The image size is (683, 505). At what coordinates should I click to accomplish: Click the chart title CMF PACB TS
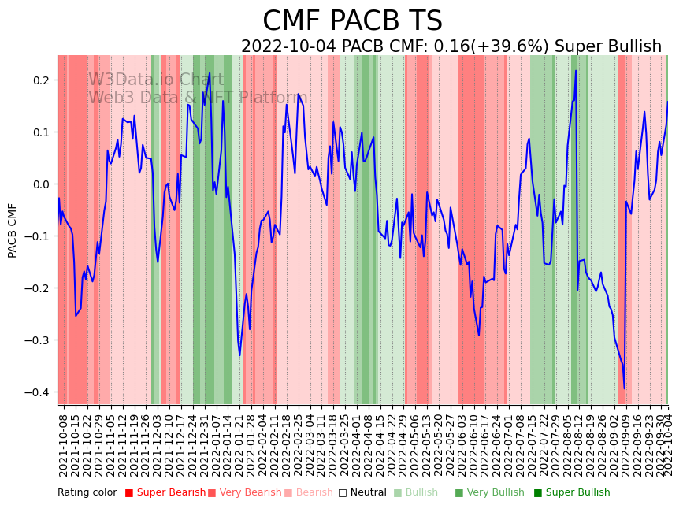[x=352, y=21]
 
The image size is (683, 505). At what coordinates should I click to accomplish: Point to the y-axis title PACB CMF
[x=13, y=230]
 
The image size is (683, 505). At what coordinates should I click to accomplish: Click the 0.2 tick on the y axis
[x=41, y=80]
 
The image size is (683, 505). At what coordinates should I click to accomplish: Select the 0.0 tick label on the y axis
[x=41, y=184]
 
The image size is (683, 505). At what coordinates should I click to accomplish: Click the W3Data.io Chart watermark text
[x=156, y=80]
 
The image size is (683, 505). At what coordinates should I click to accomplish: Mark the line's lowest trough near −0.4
[x=624, y=388]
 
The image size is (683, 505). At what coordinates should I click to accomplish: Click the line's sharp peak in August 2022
[x=576, y=71]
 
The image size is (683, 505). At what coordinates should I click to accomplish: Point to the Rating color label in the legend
[x=87, y=493]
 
